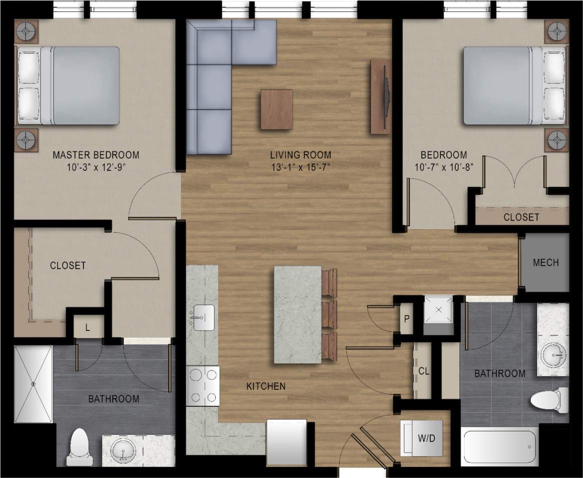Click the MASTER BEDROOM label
(x=96, y=155)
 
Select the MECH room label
(x=545, y=263)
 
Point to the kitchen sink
(x=202, y=317)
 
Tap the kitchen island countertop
(x=298, y=315)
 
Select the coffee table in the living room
(x=276, y=110)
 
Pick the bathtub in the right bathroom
(x=499, y=446)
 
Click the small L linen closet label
(x=88, y=328)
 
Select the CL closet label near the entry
(x=424, y=371)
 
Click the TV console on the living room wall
(x=380, y=97)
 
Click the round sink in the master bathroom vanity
(x=123, y=453)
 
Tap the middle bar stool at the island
(x=330, y=315)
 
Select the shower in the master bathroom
(x=34, y=384)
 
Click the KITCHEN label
(x=265, y=386)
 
